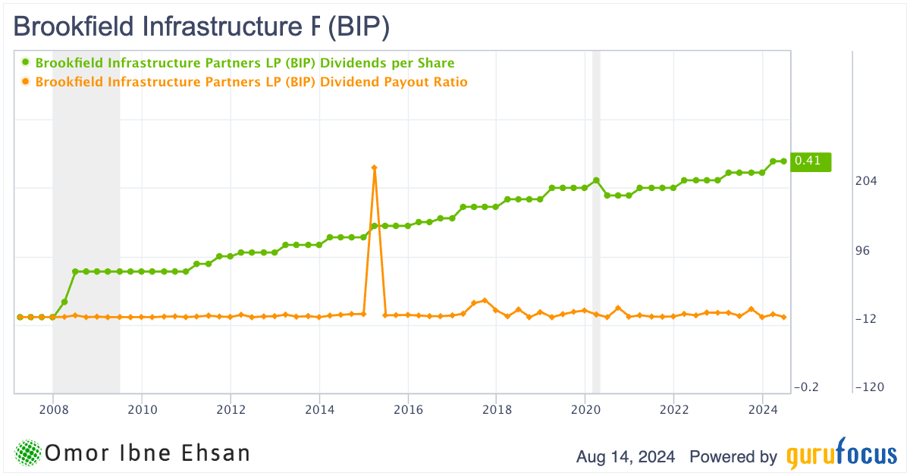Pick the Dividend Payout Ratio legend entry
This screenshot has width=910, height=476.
251,82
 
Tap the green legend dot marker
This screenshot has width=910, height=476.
25,63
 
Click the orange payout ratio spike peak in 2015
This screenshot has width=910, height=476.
375,168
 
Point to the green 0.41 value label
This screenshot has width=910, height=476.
810,161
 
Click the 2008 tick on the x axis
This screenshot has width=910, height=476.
52,410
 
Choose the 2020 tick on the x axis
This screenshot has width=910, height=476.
585,410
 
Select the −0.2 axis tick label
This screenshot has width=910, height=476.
805,387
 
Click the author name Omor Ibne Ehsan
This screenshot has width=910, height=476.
148,453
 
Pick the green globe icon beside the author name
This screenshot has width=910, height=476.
27,453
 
